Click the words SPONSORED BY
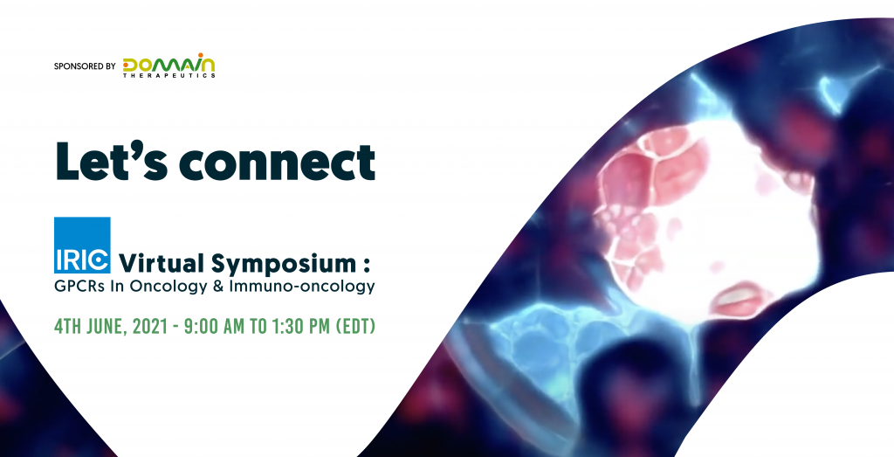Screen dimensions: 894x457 (85, 66)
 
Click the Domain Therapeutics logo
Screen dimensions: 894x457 (168, 66)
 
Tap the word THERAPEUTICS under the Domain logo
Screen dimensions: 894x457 (169, 75)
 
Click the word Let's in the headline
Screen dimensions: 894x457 (111, 162)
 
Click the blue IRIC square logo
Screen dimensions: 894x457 (82, 245)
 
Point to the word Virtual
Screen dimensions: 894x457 (162, 263)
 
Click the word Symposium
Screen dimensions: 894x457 (284, 264)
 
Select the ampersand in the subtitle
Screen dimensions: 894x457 (217, 286)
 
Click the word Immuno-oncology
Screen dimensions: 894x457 (301, 287)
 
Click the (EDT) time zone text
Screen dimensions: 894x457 (356, 327)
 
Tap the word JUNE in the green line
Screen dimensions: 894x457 (108, 327)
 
